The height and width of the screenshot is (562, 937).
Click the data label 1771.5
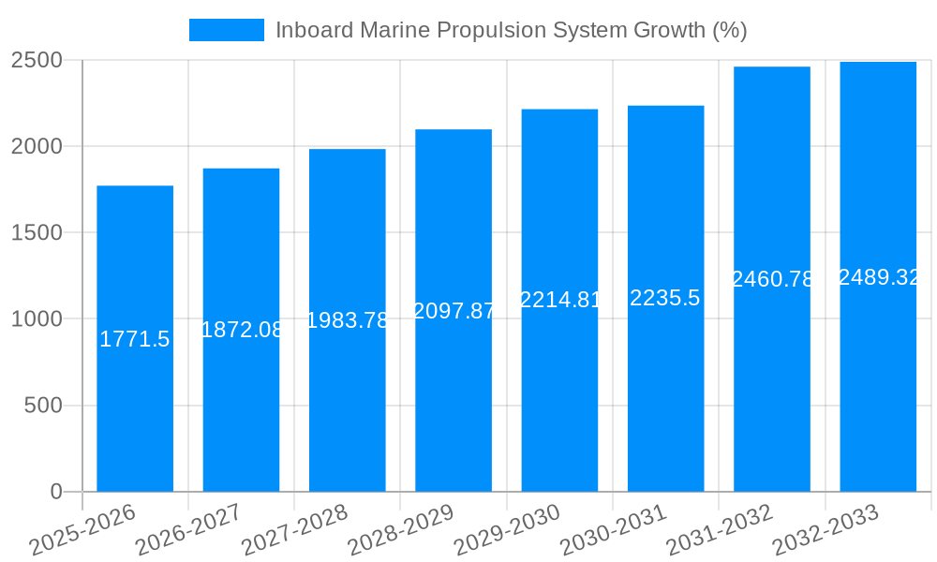135,339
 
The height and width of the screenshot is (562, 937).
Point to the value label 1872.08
242,330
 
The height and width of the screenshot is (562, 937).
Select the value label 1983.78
348,320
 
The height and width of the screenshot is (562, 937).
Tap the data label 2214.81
559,300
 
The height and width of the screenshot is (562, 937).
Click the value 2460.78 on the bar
772,279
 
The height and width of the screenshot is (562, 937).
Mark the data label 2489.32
878,277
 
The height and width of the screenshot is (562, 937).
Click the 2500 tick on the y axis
37,61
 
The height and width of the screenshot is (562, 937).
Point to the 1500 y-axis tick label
37,233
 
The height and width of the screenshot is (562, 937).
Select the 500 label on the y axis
43,406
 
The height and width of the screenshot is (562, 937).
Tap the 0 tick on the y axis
56,492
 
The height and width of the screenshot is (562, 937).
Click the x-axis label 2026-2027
188,529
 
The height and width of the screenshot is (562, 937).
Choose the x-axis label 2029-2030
507,529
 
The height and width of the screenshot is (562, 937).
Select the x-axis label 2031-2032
720,529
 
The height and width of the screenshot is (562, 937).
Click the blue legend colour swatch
227,30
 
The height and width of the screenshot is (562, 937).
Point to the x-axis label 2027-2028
294,529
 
